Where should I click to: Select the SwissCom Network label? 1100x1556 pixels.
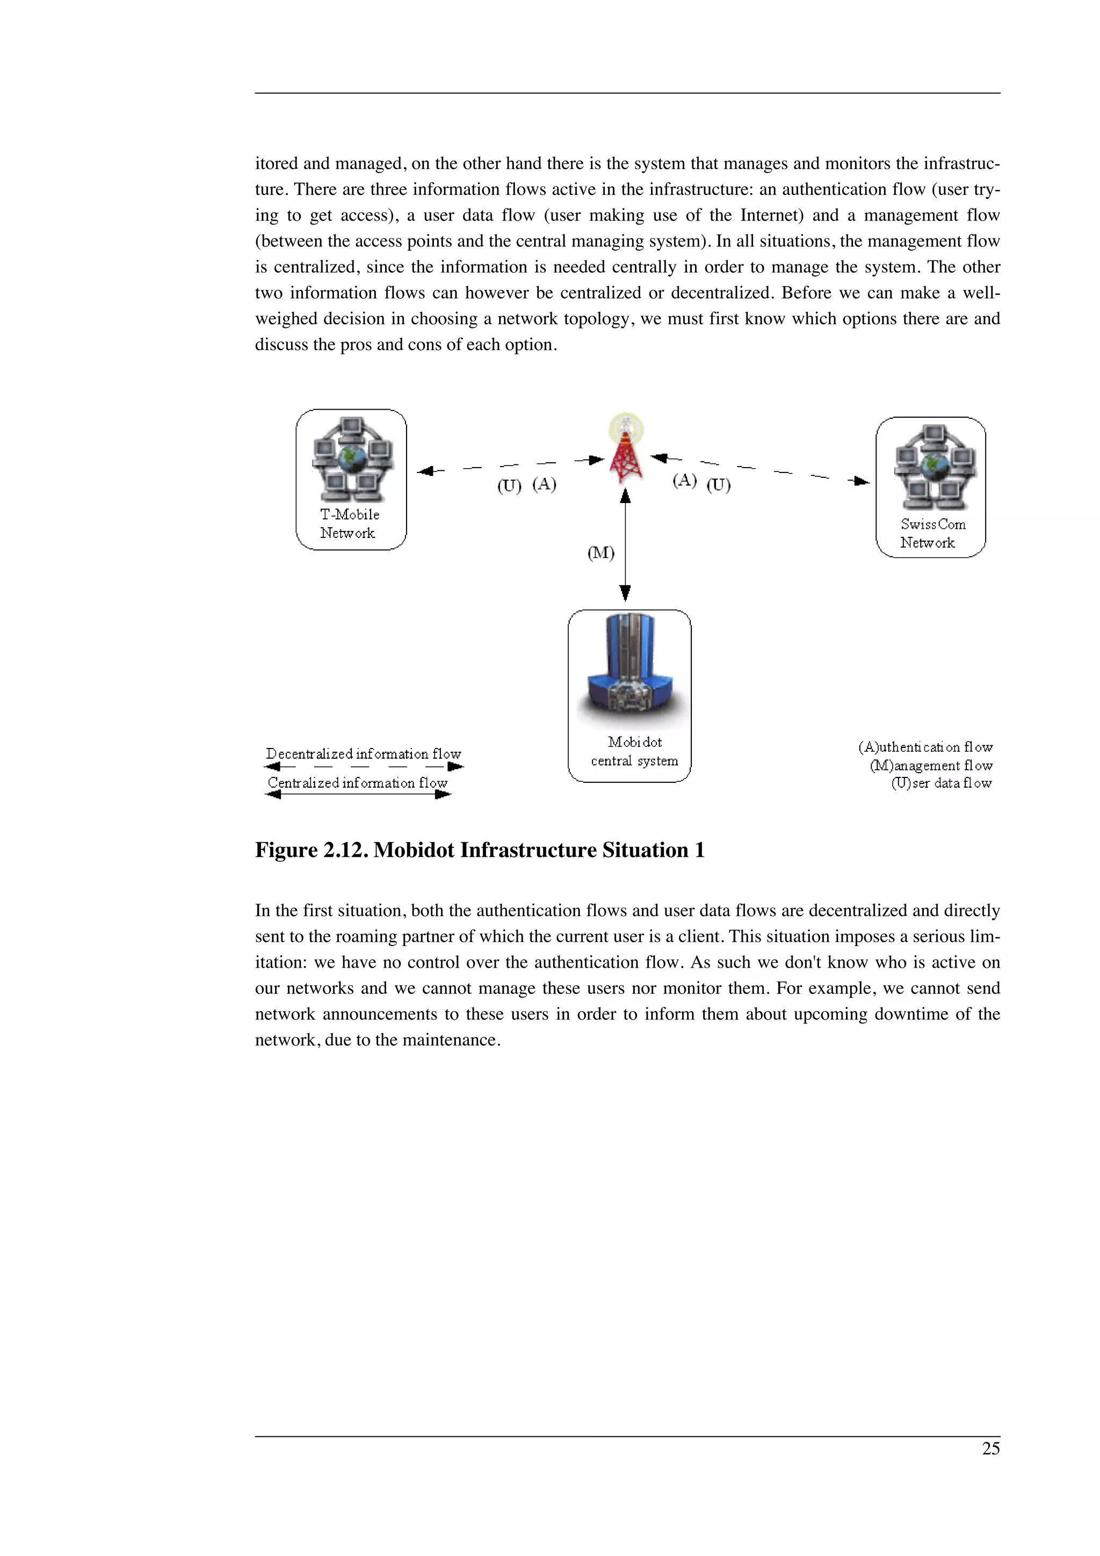click(x=932, y=533)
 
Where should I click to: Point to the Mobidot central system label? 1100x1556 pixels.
click(x=634, y=752)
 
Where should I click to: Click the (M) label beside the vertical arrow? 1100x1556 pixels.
click(x=600, y=553)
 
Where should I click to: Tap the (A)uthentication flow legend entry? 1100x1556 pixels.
click(x=925, y=747)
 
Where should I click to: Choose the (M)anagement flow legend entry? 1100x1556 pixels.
click(x=931, y=765)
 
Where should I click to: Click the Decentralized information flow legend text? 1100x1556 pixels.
click(x=363, y=754)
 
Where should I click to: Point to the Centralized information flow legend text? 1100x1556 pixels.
click(x=357, y=783)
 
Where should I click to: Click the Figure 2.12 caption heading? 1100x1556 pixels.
click(x=479, y=850)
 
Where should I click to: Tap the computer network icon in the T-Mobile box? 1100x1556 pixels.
click(x=351, y=457)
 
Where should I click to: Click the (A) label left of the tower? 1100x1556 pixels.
click(x=544, y=484)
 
